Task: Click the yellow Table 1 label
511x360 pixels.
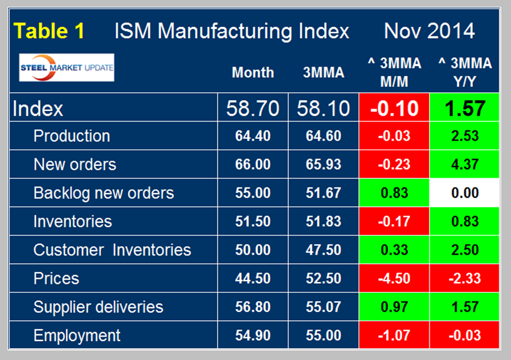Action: point(49,31)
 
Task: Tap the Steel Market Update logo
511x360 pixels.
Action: point(67,67)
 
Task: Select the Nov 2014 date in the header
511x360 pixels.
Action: point(429,31)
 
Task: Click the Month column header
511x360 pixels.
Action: point(253,72)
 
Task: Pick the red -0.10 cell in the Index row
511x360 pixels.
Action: point(394,108)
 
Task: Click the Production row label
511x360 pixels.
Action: point(72,136)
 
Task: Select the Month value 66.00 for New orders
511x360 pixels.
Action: point(253,165)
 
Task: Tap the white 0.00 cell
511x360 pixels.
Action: point(465,193)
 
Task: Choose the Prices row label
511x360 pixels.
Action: point(56,278)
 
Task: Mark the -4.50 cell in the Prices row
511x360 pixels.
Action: point(394,278)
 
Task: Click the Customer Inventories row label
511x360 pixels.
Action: point(112,250)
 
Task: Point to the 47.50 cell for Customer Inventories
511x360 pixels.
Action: point(323,250)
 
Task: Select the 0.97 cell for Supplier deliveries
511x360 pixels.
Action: point(394,307)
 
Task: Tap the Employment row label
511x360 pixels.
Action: point(77,335)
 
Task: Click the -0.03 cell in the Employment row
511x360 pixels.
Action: point(465,335)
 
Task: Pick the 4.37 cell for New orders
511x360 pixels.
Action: point(465,165)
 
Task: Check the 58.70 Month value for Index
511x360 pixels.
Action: point(253,108)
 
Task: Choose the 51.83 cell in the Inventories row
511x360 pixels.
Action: point(323,222)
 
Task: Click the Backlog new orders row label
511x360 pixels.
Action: point(104,193)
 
